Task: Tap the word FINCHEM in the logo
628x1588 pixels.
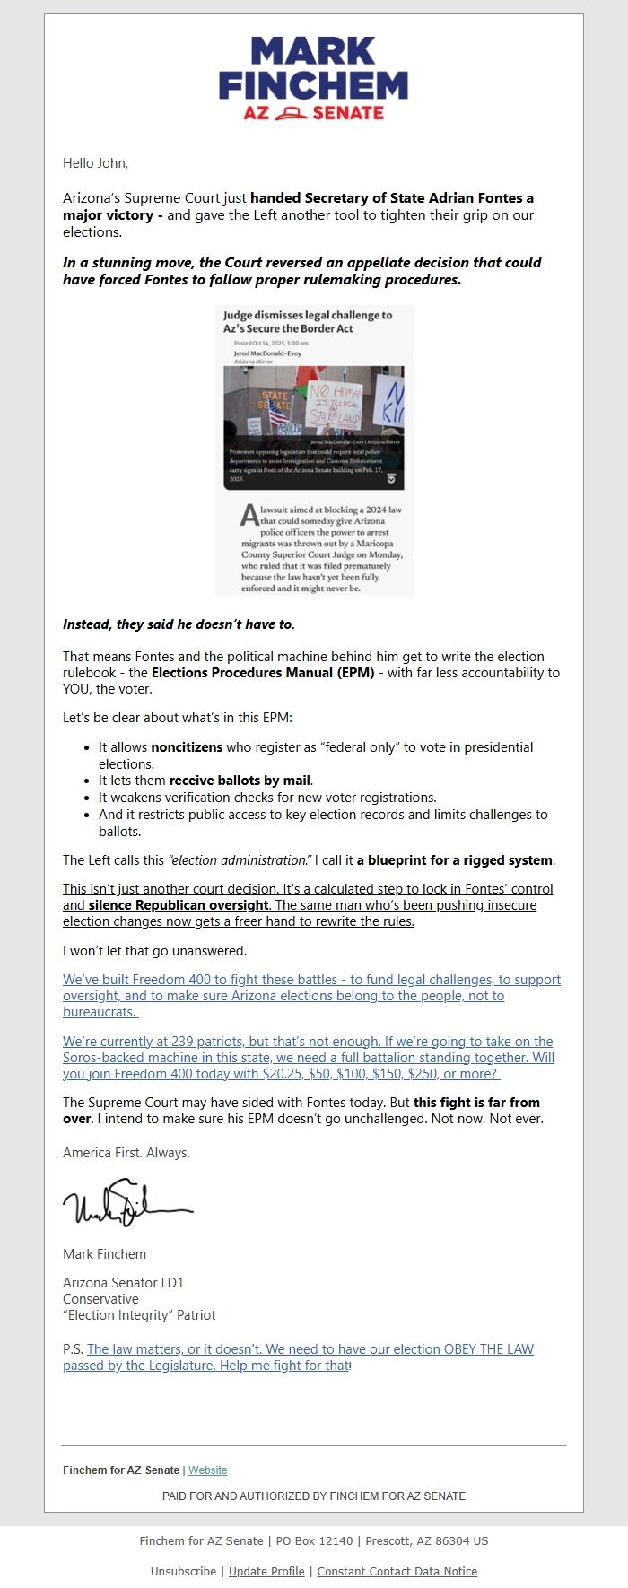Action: [x=313, y=85]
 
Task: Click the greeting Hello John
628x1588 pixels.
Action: [x=95, y=163]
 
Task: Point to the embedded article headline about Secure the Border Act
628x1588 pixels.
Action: [x=308, y=322]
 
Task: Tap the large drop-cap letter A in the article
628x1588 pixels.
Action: [x=249, y=516]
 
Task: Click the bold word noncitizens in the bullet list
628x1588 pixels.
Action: [x=187, y=746]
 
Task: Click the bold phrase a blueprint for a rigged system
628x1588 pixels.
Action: [x=455, y=860]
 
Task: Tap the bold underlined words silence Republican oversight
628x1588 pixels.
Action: [x=179, y=905]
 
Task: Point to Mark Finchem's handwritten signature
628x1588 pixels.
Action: [x=126, y=1204]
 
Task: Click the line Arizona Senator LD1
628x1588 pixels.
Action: [x=123, y=1283]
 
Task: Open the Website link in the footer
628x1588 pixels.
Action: [x=207, y=1470]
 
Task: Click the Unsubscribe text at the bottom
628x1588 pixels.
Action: [x=183, y=1571]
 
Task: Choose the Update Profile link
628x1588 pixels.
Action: [x=266, y=1571]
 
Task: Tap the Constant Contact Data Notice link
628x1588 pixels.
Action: [x=397, y=1571]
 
